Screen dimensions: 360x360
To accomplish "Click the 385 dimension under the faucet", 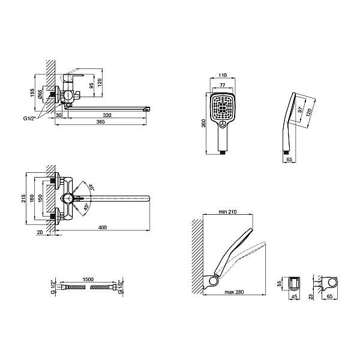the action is coord(101,121).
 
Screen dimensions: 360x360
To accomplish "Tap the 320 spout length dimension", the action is coord(107,115).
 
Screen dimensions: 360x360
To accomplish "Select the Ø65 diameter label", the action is coord(40,94).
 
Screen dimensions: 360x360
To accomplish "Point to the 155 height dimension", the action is coord(32,92).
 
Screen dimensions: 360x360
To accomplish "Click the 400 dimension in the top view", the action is coord(103,227).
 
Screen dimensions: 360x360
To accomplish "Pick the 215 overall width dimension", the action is coord(23,199).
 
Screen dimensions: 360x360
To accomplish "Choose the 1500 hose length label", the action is coord(88,279).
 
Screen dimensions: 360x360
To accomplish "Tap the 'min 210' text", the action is coord(227,211).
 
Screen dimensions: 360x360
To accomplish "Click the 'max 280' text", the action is coord(234,292).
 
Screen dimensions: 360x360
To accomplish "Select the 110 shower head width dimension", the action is coord(223,75).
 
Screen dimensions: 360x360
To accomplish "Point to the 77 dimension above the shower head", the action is coord(223,85).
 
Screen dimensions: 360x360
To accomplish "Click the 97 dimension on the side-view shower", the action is coord(300,110).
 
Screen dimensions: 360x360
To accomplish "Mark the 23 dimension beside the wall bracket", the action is coord(311,297).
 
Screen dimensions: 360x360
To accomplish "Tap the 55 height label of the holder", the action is coord(279,284).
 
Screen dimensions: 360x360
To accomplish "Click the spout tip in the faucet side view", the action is coord(148,109).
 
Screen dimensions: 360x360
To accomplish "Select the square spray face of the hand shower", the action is coord(223,106).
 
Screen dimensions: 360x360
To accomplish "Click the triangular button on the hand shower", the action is coord(223,124).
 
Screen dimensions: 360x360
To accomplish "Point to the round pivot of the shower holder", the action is coord(214,281).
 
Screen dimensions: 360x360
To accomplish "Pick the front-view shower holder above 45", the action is coord(294,284).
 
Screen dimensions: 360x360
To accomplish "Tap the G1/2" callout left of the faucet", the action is coord(30,118).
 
